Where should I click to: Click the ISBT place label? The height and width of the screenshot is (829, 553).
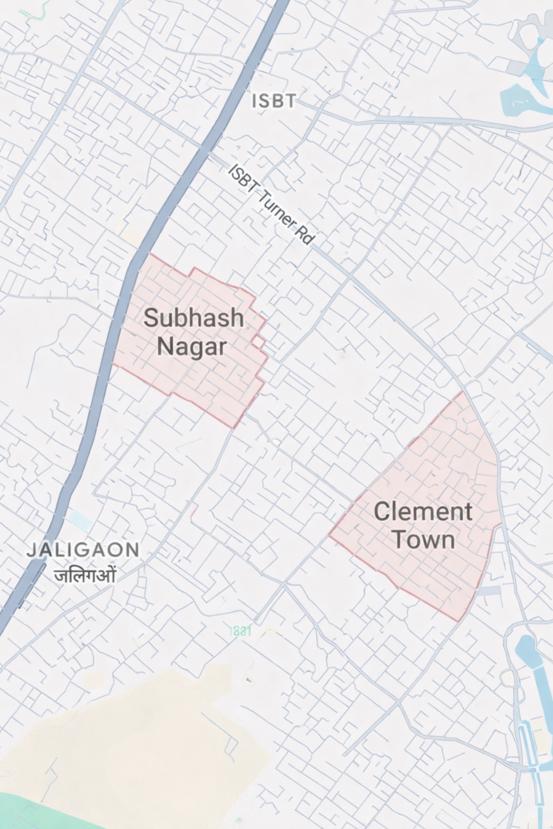[x=274, y=101]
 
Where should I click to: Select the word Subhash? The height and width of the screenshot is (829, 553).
[x=193, y=317]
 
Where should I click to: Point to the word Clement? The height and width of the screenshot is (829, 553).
[x=423, y=511]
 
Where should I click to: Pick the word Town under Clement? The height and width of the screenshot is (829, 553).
[x=423, y=539]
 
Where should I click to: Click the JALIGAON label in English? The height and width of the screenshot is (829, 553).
[x=83, y=550]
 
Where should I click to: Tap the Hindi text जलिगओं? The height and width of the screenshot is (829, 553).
[x=85, y=574]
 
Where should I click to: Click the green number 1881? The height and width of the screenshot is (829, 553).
[x=240, y=630]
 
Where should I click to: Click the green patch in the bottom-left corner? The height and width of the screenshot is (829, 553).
[x=32, y=812]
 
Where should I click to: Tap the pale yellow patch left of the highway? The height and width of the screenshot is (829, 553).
[x=130, y=234]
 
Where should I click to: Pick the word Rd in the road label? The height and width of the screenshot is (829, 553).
[x=305, y=235]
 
